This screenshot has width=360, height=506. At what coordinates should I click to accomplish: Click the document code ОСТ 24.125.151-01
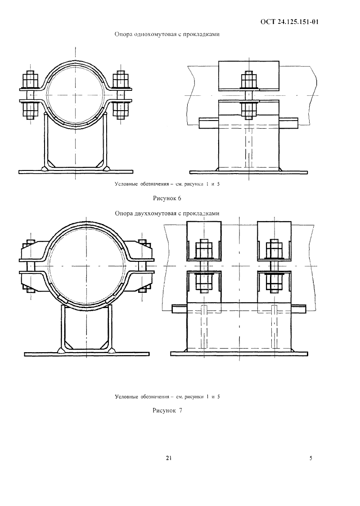click(x=289, y=22)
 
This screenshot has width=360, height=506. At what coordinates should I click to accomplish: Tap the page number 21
click(x=169, y=458)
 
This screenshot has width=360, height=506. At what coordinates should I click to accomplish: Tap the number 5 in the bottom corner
click(x=311, y=458)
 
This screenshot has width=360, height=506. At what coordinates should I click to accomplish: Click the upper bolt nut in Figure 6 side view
click(x=248, y=81)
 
